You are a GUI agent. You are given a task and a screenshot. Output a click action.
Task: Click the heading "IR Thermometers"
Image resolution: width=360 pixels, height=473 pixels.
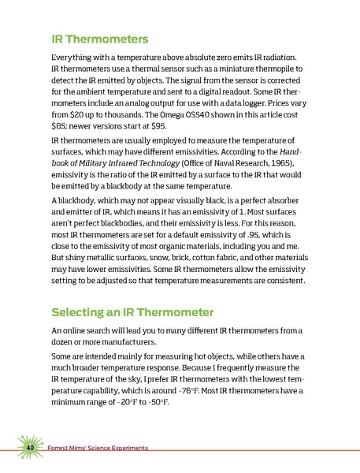(99, 38)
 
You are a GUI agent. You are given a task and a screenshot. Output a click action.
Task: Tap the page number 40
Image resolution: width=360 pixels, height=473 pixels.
(30, 448)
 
